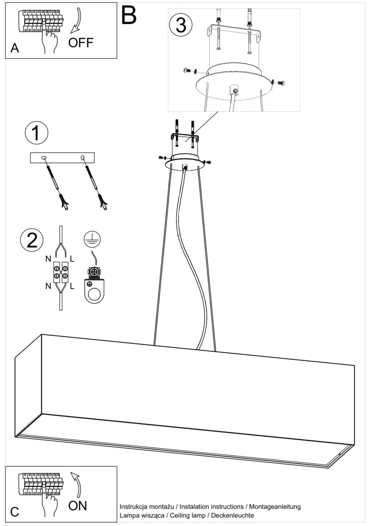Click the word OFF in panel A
point(81,43)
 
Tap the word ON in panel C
point(78,506)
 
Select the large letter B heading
point(129,15)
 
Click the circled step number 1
point(37,133)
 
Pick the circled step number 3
point(181,25)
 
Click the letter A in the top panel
point(15,49)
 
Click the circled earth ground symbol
point(92,239)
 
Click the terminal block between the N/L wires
point(61,272)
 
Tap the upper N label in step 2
point(48,259)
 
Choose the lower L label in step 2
point(72,286)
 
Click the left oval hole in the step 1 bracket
point(44,158)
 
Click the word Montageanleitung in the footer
point(275,507)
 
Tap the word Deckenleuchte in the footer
point(232,516)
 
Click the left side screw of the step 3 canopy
point(187,70)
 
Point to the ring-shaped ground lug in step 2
point(94,291)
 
